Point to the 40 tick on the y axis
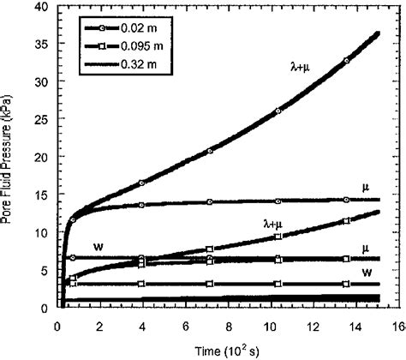point(43,7)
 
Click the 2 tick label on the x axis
point(99,327)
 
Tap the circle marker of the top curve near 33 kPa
point(346,61)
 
